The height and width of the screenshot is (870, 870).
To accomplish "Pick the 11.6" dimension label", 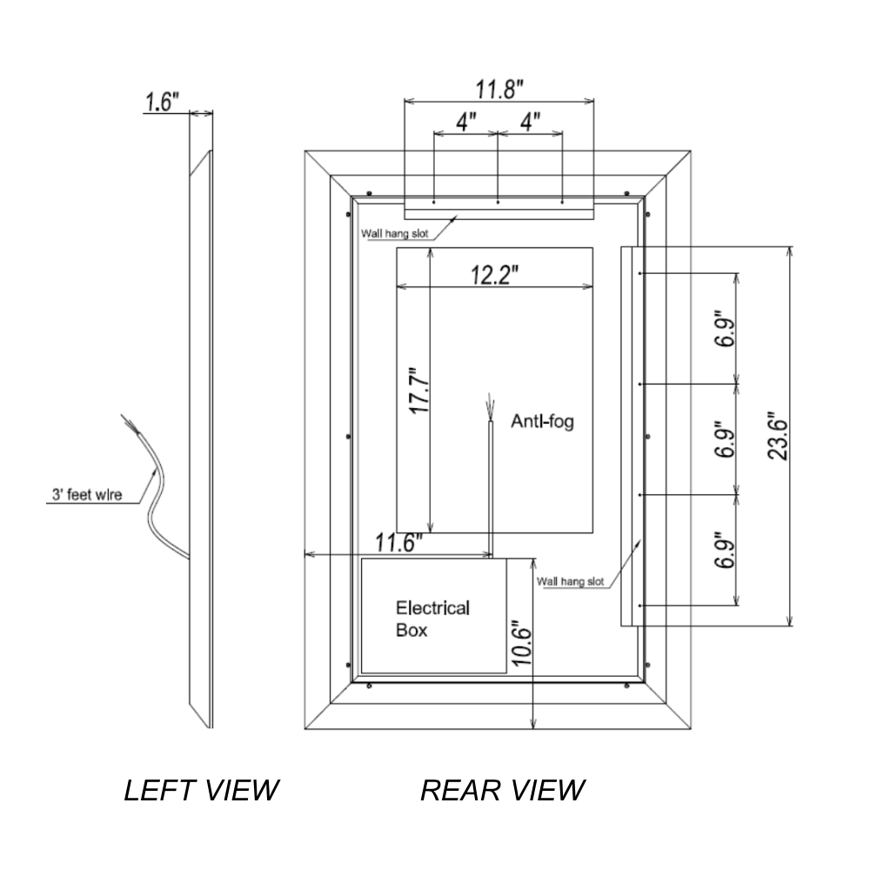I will [x=398, y=543].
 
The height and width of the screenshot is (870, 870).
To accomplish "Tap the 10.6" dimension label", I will [x=520, y=644].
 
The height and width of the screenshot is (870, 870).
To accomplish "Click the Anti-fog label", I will [x=543, y=424].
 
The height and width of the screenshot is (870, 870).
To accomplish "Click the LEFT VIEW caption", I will [x=201, y=790].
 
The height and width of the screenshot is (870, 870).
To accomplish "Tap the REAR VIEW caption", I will [x=502, y=790].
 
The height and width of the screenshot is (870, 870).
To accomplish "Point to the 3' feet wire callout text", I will [x=84, y=497].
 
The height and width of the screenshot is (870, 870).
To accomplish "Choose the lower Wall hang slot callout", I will [x=570, y=581].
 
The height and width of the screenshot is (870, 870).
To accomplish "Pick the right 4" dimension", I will [x=530, y=121].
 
